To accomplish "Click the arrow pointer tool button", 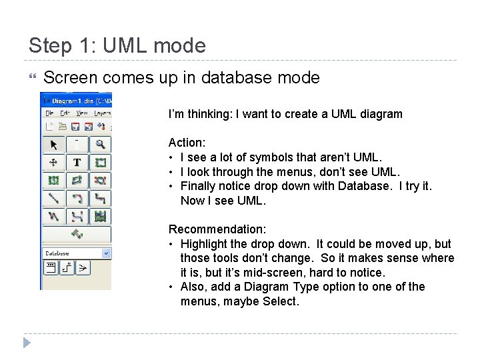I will coord(53,144).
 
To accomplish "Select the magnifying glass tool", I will coord(100,144).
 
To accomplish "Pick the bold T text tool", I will coord(77,162).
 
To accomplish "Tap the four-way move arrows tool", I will coord(53,162).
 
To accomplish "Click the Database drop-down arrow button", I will coord(106,253).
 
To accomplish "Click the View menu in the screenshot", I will coord(82,113).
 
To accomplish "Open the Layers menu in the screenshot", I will coord(102,113).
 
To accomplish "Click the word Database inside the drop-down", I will coord(59,253).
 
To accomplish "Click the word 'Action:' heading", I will coord(187,143).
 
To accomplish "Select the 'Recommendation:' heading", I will coord(217,229).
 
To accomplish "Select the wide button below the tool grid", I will coord(77,235).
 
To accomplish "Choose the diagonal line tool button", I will coord(53,198).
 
